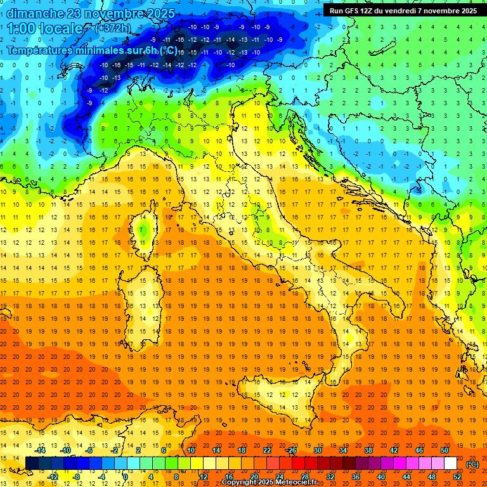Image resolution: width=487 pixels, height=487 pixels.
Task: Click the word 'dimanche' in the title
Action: pos(35,13)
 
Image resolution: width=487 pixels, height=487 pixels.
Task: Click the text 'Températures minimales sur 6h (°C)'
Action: pos(92,50)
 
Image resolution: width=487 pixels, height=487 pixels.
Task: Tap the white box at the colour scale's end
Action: pos(450,463)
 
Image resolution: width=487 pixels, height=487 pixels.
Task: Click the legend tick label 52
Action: pos(457,476)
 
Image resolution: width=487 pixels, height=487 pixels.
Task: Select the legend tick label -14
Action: pos(41,450)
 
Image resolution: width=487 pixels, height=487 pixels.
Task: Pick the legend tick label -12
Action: pos(53,476)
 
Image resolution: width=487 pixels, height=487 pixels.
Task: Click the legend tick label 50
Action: pos(445,450)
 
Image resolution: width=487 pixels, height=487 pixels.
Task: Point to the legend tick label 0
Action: pos(126,476)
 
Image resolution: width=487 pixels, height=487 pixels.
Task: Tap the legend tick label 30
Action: pos(318,450)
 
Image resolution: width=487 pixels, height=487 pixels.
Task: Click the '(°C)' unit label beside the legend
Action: pos(472,464)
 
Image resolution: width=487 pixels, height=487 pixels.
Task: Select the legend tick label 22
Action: pos(267,450)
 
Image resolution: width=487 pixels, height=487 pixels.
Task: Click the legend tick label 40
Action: pos(381,476)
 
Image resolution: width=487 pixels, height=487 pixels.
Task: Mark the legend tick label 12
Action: pos(204,476)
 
